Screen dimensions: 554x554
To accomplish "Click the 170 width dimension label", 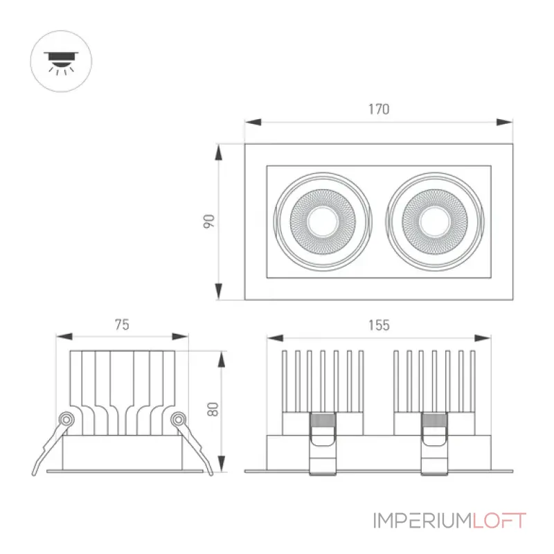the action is point(379,109).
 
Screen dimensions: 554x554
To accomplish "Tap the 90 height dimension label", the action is point(209,221).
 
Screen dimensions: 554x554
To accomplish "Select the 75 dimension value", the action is point(122,324).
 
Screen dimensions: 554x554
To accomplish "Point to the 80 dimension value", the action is point(213,409).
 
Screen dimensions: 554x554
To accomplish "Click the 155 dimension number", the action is point(379,325).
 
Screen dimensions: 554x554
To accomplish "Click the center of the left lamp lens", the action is point(323,222).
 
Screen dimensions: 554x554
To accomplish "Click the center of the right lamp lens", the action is point(435,222).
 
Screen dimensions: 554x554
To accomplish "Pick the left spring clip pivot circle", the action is point(66,420).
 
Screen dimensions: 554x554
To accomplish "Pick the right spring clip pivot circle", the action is point(178,420).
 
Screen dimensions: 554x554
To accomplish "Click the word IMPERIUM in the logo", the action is point(422,521).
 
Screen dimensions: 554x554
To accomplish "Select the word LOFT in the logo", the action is point(499,521).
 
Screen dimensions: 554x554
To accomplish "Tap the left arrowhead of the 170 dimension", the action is point(253,123).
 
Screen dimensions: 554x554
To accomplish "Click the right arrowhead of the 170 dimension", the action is point(505,123).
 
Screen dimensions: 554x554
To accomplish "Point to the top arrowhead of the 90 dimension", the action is point(219,152).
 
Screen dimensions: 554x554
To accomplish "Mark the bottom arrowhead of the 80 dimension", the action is point(222,463).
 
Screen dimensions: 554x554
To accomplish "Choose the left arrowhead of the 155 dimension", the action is point(275,338).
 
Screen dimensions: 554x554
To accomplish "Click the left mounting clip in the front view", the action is point(323,443).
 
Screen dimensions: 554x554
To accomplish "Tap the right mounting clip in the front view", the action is point(435,443).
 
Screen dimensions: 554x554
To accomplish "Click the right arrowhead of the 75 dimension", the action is point(180,337).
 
